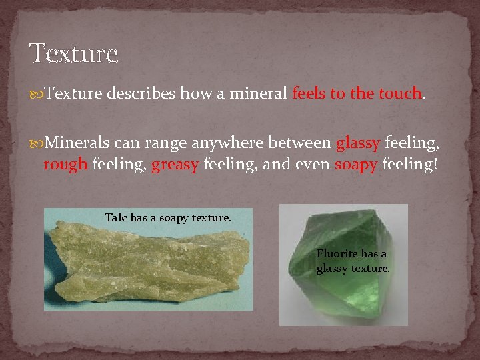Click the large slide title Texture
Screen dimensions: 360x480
coord(73,53)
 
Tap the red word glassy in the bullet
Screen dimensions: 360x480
coord(358,143)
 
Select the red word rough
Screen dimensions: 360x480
coord(65,165)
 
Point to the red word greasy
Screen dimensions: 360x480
coord(175,165)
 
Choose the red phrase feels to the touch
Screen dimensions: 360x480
coord(357,94)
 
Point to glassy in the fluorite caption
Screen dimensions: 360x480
coord(332,269)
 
